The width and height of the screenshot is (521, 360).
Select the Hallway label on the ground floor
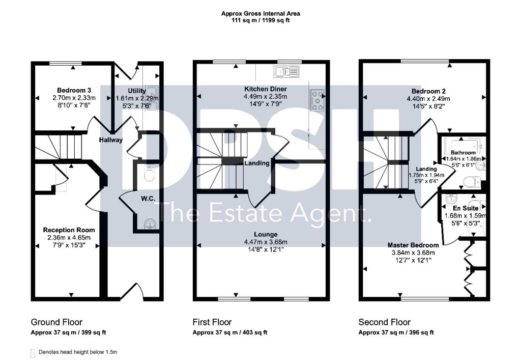click(x=111, y=140)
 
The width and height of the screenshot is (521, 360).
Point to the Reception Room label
click(x=69, y=230)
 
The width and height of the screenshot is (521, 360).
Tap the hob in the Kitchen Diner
click(x=318, y=100)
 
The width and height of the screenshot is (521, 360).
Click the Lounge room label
click(x=266, y=235)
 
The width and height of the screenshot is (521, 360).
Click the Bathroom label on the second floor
click(x=463, y=153)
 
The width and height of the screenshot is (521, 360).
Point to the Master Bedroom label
click(x=414, y=245)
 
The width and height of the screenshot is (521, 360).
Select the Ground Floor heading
click(x=56, y=322)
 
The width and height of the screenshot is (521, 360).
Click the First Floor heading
click(x=212, y=322)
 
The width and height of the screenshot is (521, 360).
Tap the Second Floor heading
click(x=385, y=322)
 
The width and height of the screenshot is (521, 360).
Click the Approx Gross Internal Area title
click(x=260, y=14)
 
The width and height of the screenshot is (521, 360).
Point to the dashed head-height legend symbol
click(x=34, y=352)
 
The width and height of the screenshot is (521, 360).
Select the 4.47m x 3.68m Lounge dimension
click(x=266, y=242)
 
